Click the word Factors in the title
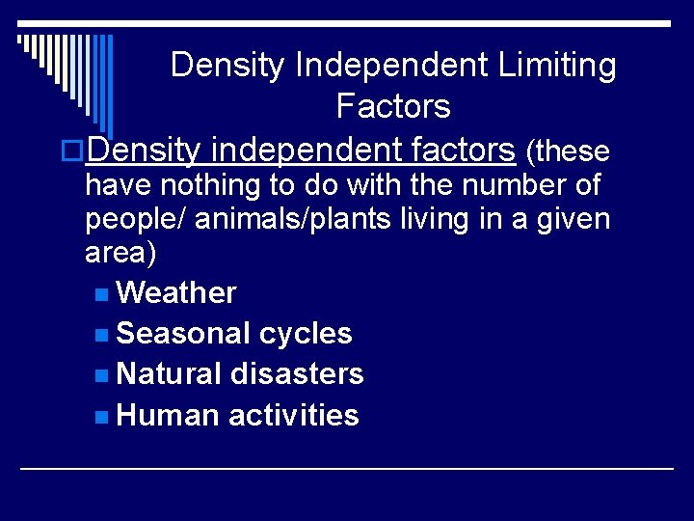393,106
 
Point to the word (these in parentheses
568,151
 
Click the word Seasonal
183,334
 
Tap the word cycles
306,334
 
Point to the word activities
294,416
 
